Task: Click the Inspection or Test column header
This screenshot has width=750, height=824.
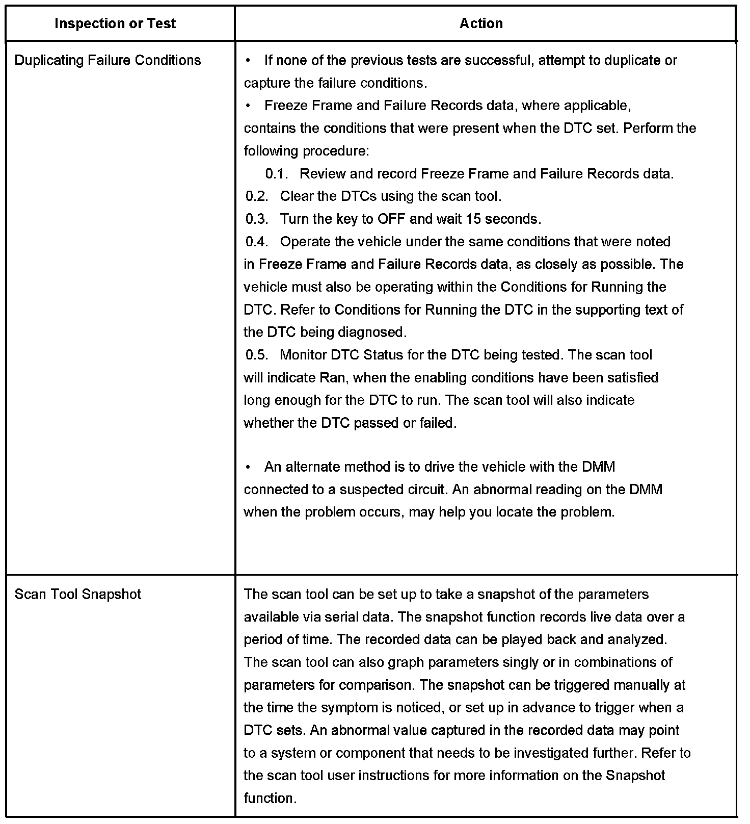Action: (x=115, y=23)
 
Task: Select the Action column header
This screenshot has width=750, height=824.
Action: (x=481, y=23)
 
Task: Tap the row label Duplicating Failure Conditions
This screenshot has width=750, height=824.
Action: (x=108, y=60)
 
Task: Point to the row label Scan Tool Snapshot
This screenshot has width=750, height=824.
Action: (x=78, y=595)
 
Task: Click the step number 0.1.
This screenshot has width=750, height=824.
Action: (x=277, y=174)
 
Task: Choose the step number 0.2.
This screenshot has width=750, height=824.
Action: (x=257, y=196)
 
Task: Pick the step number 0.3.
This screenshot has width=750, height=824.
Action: (x=257, y=219)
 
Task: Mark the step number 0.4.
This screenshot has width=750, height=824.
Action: (x=257, y=242)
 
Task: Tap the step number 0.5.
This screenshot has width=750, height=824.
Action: (x=257, y=355)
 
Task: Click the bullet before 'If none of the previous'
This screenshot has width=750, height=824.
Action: (x=248, y=61)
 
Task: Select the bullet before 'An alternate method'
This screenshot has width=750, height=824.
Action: (x=248, y=467)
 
